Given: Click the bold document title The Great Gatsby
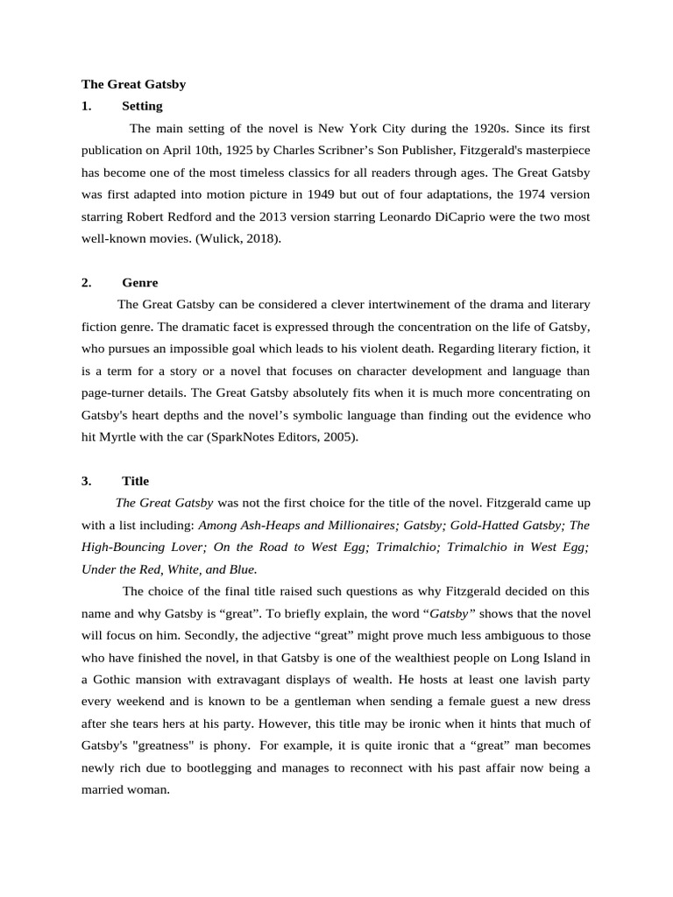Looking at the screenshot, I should [x=133, y=84].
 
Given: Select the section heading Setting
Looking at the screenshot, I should [x=142, y=106].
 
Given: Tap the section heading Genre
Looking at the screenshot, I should [x=140, y=283].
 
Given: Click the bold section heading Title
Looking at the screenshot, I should [x=136, y=481].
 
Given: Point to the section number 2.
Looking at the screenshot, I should [x=86, y=283].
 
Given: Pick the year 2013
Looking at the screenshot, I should [x=347, y=215].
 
